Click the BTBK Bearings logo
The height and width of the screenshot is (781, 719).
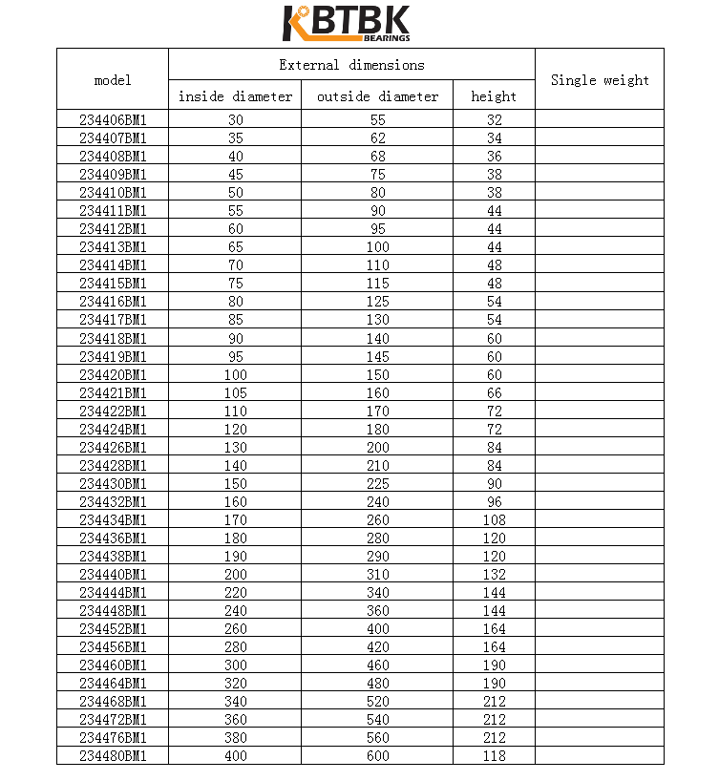(x=347, y=24)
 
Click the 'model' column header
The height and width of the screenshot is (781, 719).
(x=113, y=80)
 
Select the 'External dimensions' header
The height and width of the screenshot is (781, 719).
(x=351, y=65)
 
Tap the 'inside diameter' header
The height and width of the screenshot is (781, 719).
(x=235, y=96)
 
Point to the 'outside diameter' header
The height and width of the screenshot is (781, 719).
(x=377, y=96)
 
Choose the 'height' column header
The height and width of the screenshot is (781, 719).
(x=494, y=96)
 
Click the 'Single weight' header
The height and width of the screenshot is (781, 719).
(x=600, y=80)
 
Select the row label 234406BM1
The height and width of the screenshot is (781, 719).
(x=113, y=119)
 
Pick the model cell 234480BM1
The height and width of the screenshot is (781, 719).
(x=113, y=755)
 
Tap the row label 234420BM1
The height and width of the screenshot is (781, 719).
(x=113, y=374)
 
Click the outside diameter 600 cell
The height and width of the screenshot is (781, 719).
(x=377, y=755)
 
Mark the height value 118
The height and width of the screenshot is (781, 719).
(x=494, y=755)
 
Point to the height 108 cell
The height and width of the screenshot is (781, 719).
(x=494, y=519)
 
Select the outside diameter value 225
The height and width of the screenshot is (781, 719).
(x=377, y=483)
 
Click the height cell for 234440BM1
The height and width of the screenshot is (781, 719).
(x=494, y=574)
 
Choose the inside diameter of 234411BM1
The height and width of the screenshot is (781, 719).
(x=235, y=210)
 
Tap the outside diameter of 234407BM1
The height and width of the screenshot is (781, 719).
(x=377, y=137)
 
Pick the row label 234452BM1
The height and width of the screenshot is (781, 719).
(x=113, y=628)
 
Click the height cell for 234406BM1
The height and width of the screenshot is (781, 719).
(x=494, y=119)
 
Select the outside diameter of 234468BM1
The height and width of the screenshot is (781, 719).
(x=377, y=701)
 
